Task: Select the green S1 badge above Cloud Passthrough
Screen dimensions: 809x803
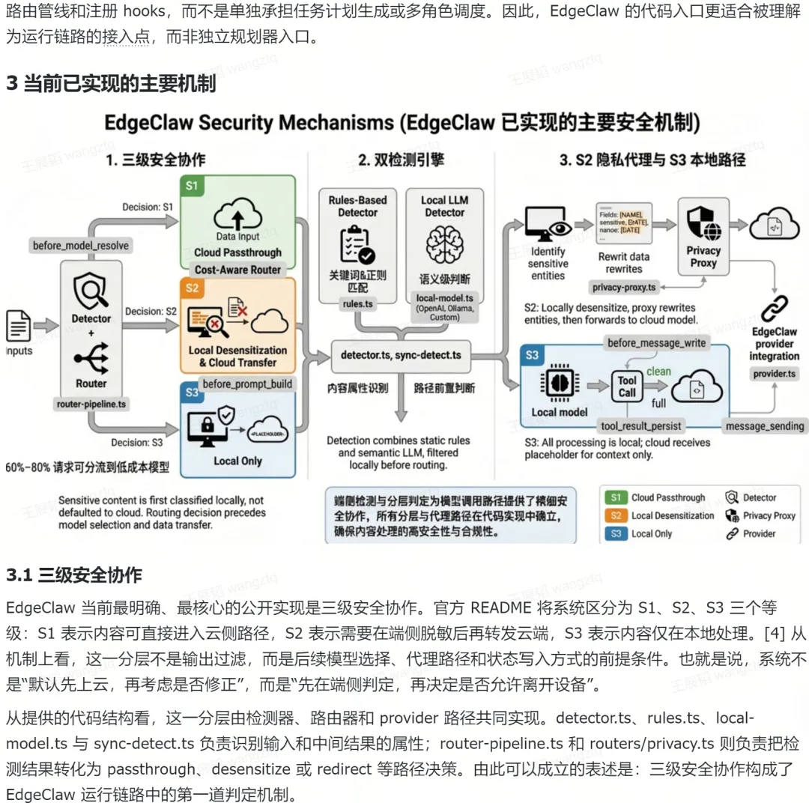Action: point(192,186)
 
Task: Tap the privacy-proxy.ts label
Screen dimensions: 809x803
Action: point(624,287)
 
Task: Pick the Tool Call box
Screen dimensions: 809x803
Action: point(627,387)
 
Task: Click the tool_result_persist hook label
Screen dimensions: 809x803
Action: point(641,425)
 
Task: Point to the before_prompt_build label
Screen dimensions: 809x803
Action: point(247,384)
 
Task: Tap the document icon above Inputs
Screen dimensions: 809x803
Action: point(19,325)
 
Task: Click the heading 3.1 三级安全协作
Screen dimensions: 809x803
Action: point(73,575)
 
